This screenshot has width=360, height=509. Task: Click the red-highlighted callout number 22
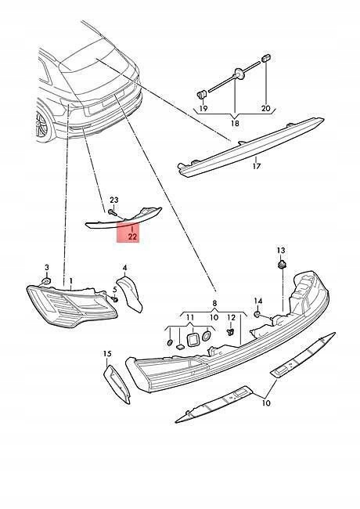pos(132,236)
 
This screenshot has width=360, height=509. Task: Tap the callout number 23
pos(114,200)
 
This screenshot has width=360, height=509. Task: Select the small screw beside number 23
pos(112,212)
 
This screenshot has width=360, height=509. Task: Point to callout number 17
pos(256,166)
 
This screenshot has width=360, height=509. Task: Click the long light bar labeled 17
pos(250,148)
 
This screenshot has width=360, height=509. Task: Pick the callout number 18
pos(235,124)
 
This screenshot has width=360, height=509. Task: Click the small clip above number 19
pos(201,95)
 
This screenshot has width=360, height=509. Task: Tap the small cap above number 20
pos(266,59)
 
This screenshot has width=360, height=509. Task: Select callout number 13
pos(281,251)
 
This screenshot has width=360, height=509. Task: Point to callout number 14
pos(257,301)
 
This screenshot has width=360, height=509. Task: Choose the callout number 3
pos(47,268)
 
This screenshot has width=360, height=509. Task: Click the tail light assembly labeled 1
pos(71,305)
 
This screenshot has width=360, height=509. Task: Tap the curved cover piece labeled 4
pos(131,294)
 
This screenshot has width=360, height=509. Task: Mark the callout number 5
pos(115,289)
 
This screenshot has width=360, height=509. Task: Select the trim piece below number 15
pos(117,384)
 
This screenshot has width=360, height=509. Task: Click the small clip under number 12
pos(231,332)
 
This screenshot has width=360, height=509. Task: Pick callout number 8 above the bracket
pos(214,304)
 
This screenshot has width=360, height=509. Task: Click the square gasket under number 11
pos(193,339)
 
